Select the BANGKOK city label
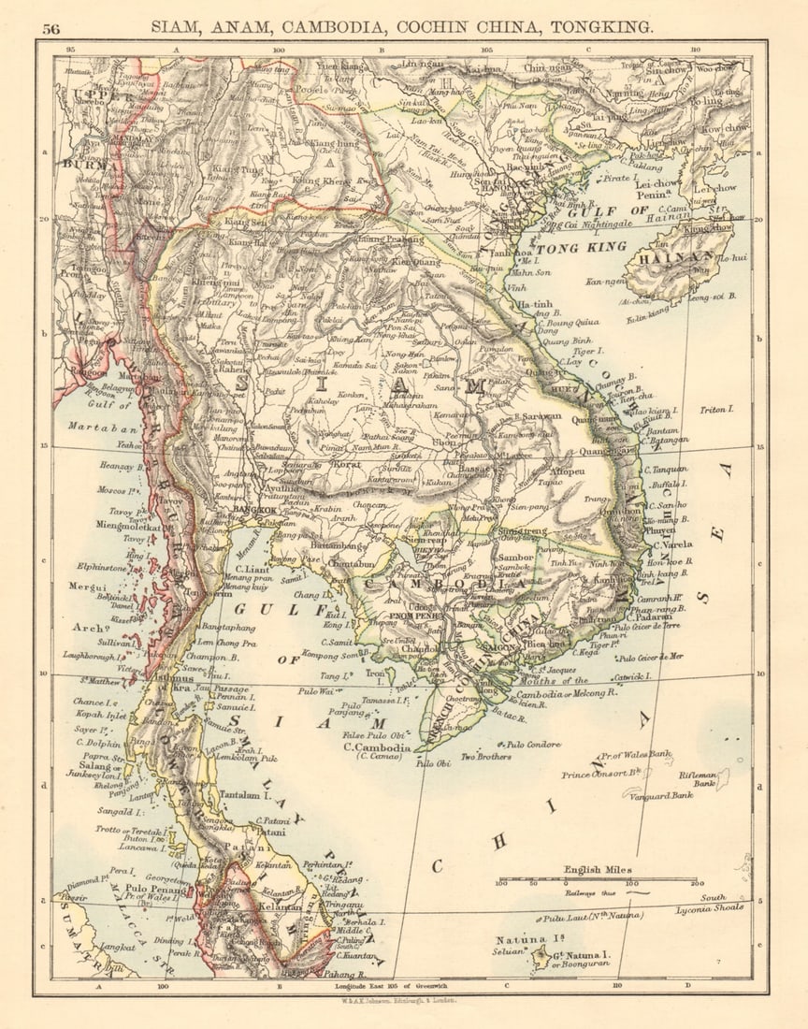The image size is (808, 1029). [x=251, y=511]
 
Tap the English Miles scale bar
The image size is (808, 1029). [x=597, y=879]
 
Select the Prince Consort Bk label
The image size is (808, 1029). [x=600, y=774]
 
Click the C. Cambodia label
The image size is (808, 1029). [x=377, y=748]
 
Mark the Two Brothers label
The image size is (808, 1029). [x=486, y=756]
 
